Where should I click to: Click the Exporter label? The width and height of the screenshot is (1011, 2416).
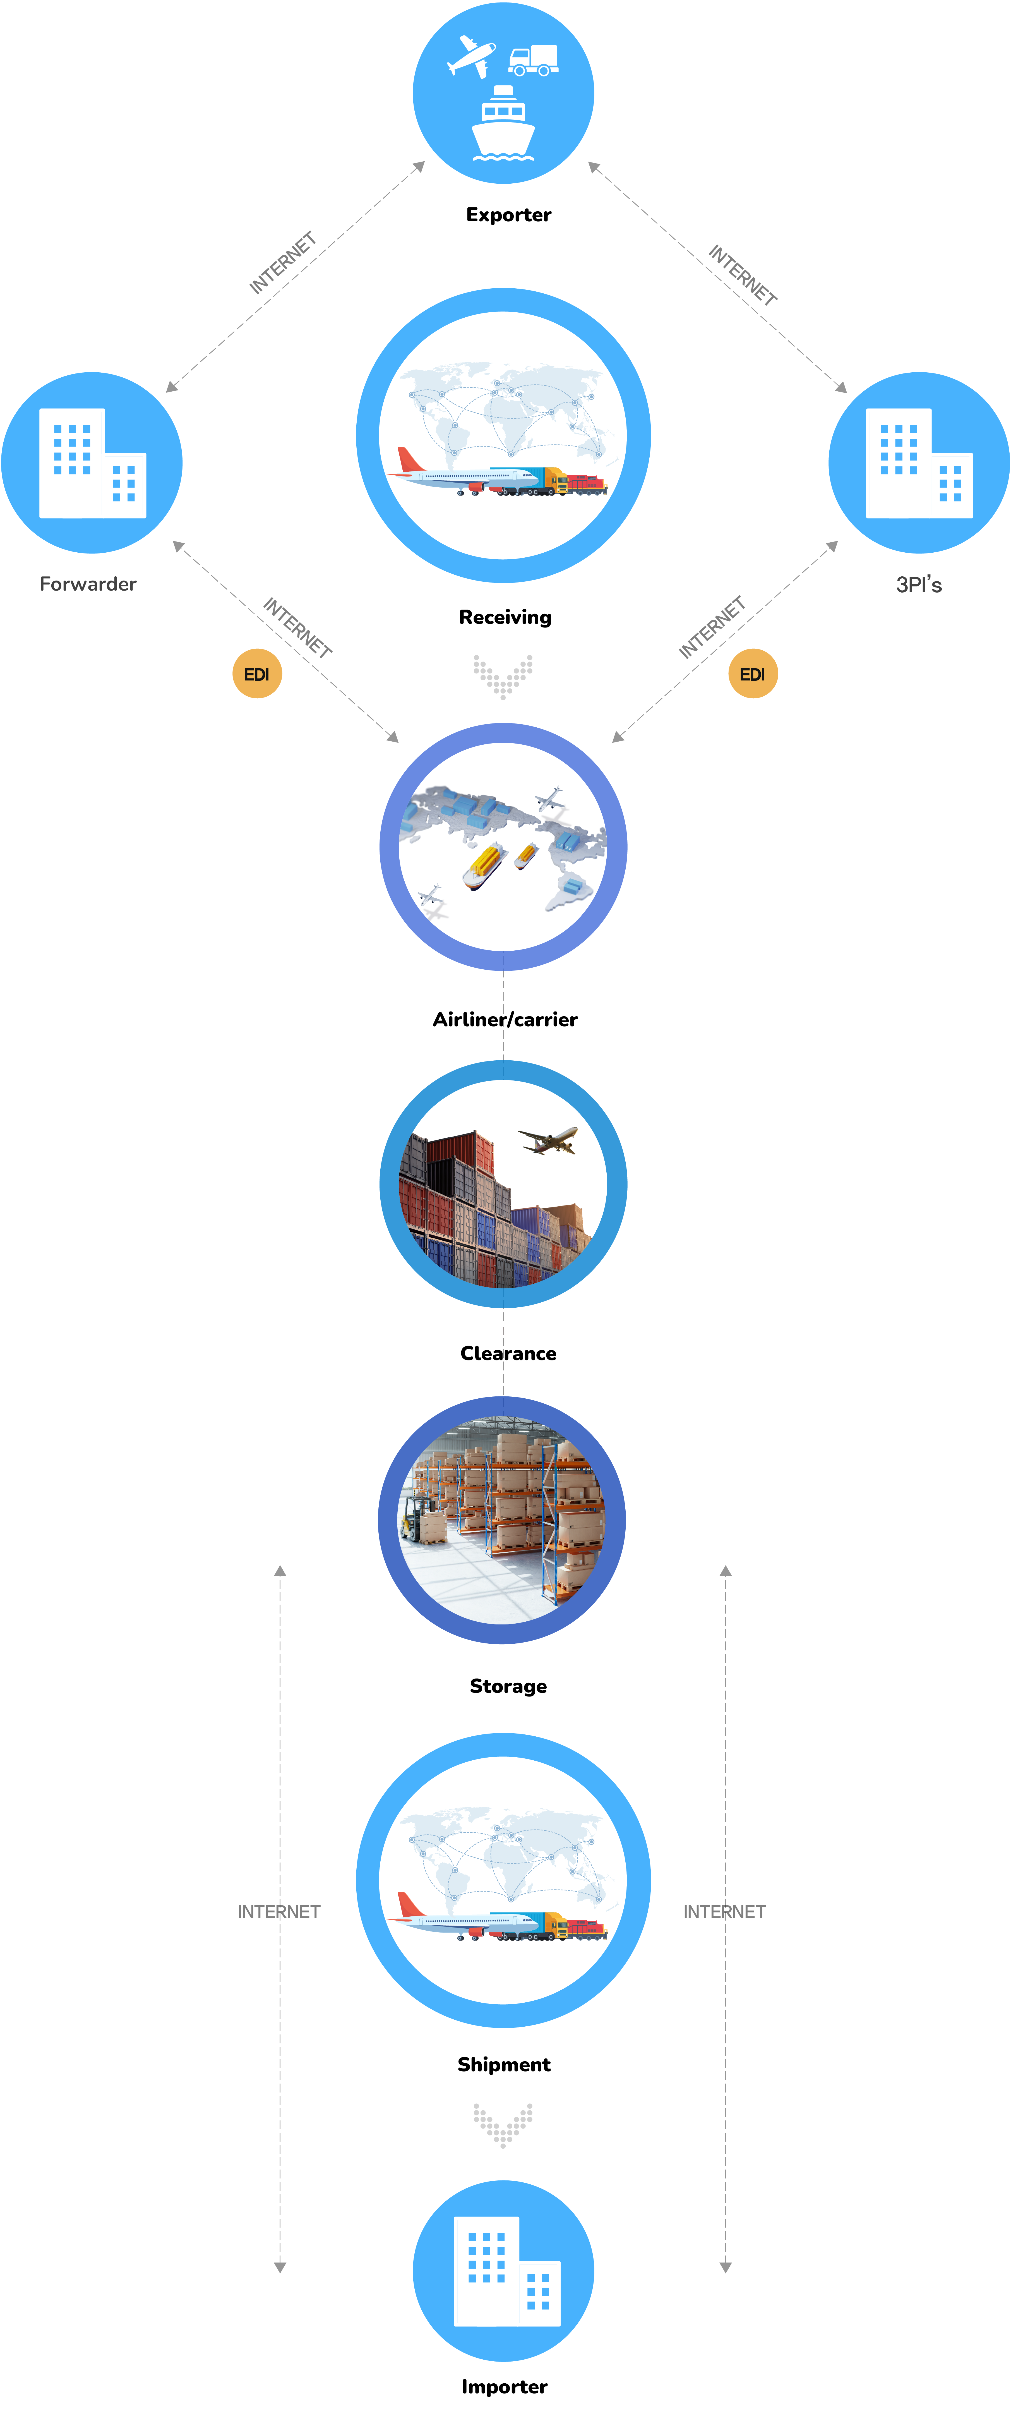(x=508, y=215)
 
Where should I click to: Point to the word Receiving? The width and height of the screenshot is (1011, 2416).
(x=505, y=617)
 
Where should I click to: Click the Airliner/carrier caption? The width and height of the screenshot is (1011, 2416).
(x=505, y=1020)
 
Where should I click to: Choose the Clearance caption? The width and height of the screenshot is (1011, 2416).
(x=507, y=1353)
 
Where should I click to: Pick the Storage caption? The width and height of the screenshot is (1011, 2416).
(x=507, y=1686)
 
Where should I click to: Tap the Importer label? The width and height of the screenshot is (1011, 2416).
(x=504, y=2387)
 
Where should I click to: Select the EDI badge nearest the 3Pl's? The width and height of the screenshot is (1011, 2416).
(x=752, y=674)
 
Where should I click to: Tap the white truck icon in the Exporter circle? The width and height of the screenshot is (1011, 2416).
(x=534, y=60)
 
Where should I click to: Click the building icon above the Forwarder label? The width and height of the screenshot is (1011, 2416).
(x=92, y=463)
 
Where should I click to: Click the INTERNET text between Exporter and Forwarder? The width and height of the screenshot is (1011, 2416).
(x=282, y=263)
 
